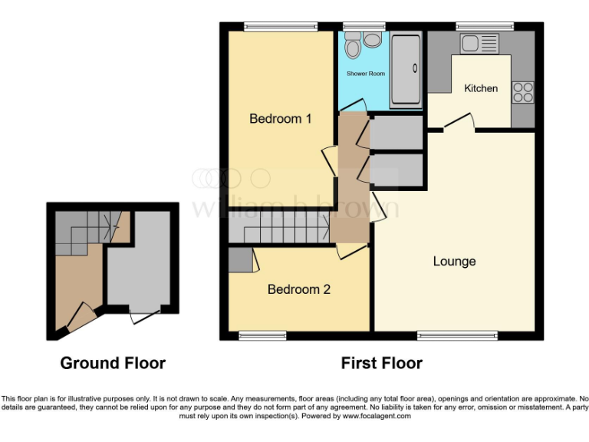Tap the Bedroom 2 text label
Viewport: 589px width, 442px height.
point(298,289)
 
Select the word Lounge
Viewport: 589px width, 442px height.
point(454,261)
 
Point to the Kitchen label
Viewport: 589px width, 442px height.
point(481,88)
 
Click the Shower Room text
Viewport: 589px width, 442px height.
point(366,74)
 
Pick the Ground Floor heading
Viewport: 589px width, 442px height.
point(113,363)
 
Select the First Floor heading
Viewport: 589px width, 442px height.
point(381,363)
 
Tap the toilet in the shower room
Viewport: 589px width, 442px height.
point(353,48)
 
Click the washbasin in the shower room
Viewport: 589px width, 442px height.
point(373,40)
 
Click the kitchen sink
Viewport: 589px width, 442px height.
point(479,43)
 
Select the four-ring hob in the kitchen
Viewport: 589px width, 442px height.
point(523,92)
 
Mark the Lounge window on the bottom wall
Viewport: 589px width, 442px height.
point(457,335)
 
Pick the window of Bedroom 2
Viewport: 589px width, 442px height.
point(262,335)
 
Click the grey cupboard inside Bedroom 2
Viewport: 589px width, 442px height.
point(240,260)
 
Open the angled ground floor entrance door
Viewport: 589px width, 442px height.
point(80,317)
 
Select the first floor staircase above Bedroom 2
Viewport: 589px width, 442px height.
point(279,228)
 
